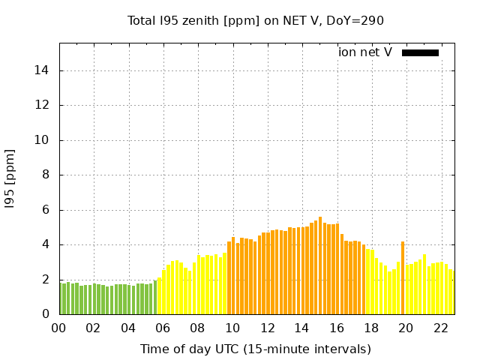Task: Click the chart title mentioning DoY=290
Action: coord(256,20)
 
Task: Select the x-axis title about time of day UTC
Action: coord(256,349)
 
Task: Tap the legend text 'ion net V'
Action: coord(365,52)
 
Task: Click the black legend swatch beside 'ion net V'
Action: coord(420,52)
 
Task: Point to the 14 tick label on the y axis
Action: coord(43,70)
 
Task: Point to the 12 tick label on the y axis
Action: coord(43,105)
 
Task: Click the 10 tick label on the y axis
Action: coord(43,140)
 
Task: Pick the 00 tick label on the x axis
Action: coord(58,328)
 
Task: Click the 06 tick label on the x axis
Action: coord(163,328)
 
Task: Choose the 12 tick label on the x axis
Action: coord(267,328)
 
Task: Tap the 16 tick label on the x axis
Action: coord(337,328)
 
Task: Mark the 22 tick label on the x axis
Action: coord(441,328)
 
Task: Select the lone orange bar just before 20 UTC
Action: coord(403,278)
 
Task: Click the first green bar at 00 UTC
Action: coord(61,298)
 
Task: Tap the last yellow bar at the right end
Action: coord(451,292)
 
